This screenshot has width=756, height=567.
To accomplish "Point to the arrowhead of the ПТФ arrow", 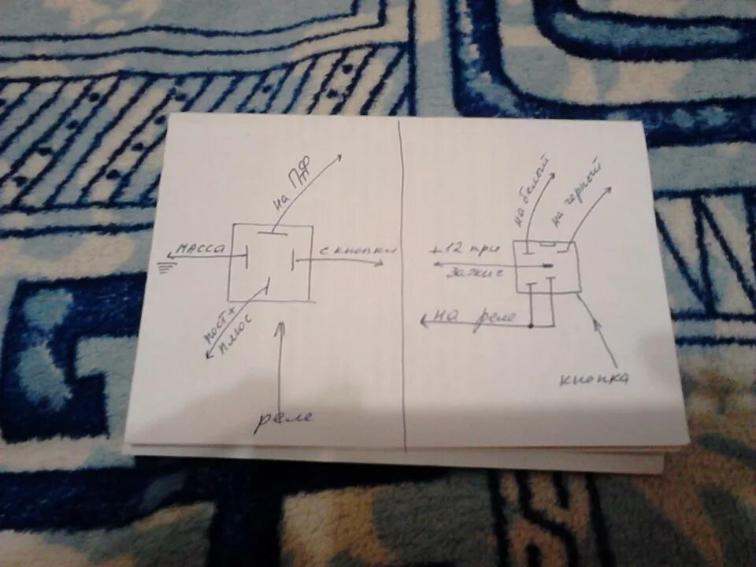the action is [x=340, y=156].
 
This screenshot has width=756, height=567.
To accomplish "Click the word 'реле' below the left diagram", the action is [x=283, y=418].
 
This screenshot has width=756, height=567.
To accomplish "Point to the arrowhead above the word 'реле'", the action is [x=278, y=326].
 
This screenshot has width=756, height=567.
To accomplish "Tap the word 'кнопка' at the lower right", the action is [x=595, y=380].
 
